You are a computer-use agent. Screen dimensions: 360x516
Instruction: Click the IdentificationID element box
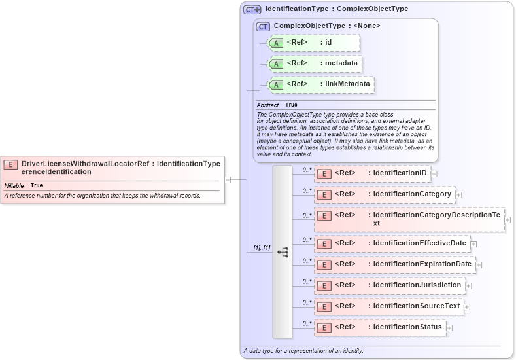pyautogui.click(x=372, y=173)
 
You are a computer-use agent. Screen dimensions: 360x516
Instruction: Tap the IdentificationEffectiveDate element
pyautogui.click(x=392, y=243)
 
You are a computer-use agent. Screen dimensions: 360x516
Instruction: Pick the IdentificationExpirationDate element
pyautogui.click(x=395, y=264)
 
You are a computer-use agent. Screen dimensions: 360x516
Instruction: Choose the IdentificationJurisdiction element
pyautogui.click(x=390, y=285)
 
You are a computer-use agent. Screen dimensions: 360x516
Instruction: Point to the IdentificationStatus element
pyautogui.click(x=381, y=327)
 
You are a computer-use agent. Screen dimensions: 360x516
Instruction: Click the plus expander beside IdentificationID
pyautogui.click(x=434, y=174)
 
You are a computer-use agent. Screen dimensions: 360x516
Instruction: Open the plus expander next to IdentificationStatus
pyautogui.click(x=449, y=327)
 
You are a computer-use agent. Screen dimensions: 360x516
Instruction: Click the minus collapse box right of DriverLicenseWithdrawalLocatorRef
pyautogui.click(x=228, y=179)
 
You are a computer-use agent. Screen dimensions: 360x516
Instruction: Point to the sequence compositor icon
pyautogui.click(x=283, y=251)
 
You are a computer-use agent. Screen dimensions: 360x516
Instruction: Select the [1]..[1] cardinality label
pyautogui.click(x=262, y=248)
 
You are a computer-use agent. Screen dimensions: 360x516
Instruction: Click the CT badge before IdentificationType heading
pyautogui.click(x=252, y=10)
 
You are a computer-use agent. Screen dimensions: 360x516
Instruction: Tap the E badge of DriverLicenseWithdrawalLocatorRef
pyautogui.click(x=10, y=164)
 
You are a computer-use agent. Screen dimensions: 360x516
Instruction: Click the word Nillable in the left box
pyautogui.click(x=14, y=186)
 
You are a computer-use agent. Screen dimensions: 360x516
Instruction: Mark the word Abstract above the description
pyautogui.click(x=267, y=105)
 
